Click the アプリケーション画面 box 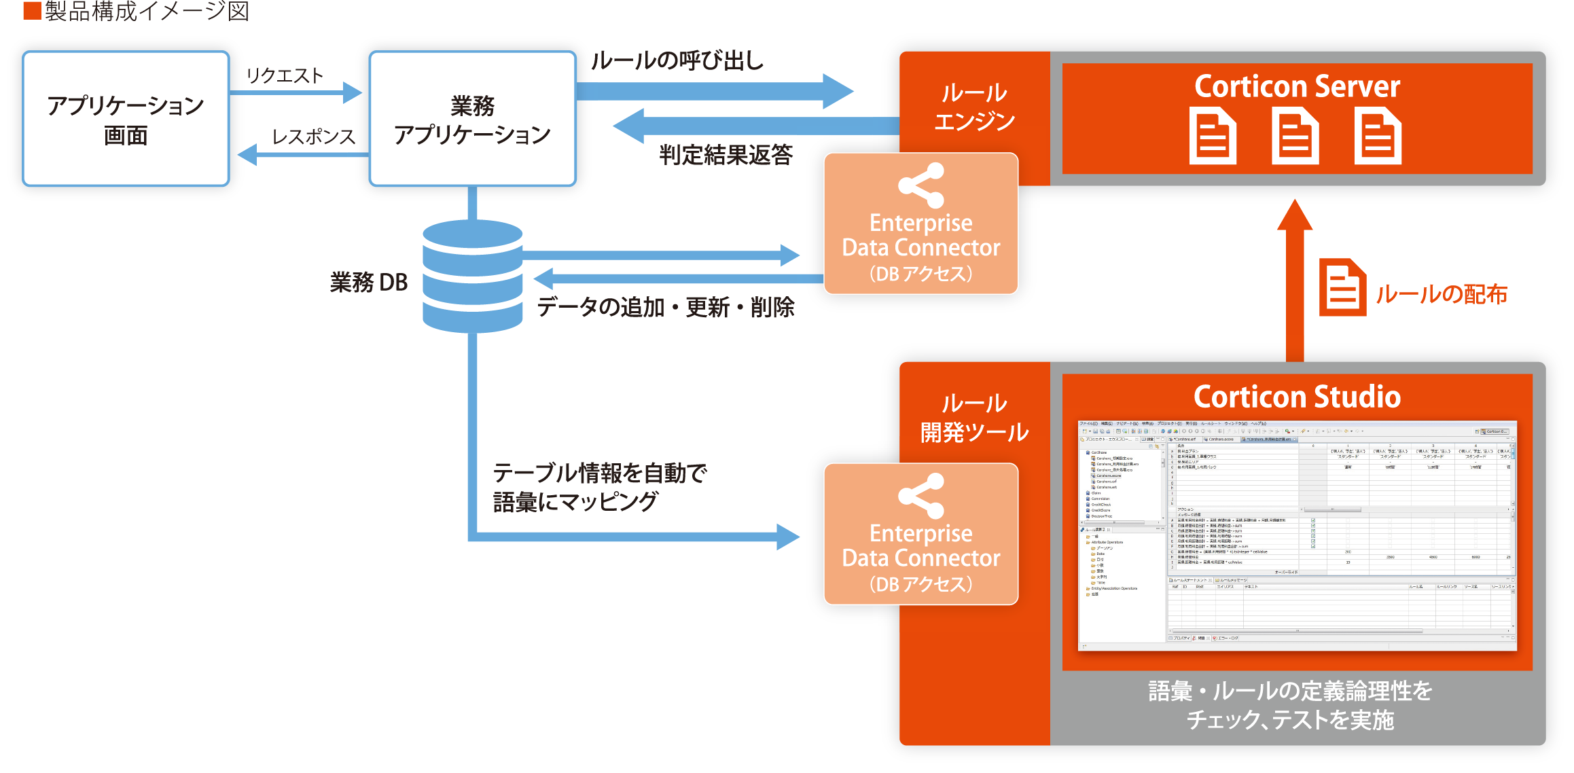pyautogui.click(x=126, y=119)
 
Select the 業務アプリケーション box pyautogui.click(x=472, y=119)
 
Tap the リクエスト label pyautogui.click(x=285, y=75)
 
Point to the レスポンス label pyautogui.click(x=313, y=137)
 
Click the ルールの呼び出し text pyautogui.click(x=677, y=61)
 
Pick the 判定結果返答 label pyautogui.click(x=726, y=155)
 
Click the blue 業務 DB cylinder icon pyautogui.click(x=472, y=275)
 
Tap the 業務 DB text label pyautogui.click(x=369, y=282)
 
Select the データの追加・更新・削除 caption pyautogui.click(x=666, y=307)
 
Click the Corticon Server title pyautogui.click(x=1297, y=86)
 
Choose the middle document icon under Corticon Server pyautogui.click(x=1295, y=139)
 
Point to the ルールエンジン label pyautogui.click(x=974, y=107)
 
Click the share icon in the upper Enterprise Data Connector pyautogui.click(x=921, y=185)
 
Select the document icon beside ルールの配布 pyautogui.click(x=1342, y=287)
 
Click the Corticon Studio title pyautogui.click(x=1297, y=397)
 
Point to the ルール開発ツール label pyautogui.click(x=974, y=418)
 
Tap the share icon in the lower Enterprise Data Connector pyautogui.click(x=921, y=496)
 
